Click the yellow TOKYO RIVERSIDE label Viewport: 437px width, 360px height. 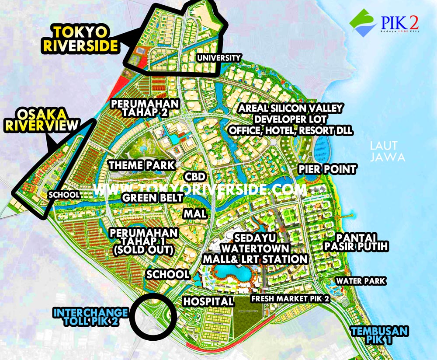click(81, 39)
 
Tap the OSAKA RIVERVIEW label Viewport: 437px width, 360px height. click(42, 120)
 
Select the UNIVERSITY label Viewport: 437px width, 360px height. click(218, 58)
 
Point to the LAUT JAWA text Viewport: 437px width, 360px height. click(387, 151)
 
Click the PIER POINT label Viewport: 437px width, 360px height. click(327, 169)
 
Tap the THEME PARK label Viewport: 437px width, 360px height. click(142, 165)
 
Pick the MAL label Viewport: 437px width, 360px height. click(195, 214)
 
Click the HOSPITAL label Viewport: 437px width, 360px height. click(208, 301)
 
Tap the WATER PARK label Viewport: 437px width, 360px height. click(361, 280)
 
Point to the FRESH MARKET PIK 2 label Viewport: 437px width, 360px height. click(290, 298)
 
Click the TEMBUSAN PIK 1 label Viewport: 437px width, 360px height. click(379, 335)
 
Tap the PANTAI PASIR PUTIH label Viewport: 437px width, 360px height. click(356, 242)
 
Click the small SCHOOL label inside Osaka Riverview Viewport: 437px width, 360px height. click(64, 195)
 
